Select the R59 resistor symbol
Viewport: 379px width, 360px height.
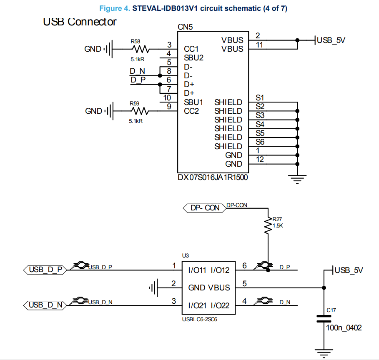140,111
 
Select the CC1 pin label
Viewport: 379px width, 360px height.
191,49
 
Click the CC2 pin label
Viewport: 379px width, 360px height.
191,111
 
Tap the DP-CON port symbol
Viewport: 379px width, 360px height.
204,207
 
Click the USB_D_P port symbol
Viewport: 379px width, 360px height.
45,270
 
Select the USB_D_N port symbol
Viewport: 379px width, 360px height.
45,305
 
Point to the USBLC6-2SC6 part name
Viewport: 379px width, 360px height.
198,320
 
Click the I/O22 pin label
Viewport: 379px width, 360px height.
220,305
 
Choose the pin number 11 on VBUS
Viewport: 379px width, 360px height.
259,45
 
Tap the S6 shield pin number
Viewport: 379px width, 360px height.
260,142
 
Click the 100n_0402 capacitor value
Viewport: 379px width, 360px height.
344,328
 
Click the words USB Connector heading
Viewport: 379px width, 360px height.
80,22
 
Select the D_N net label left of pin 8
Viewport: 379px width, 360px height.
137,71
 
